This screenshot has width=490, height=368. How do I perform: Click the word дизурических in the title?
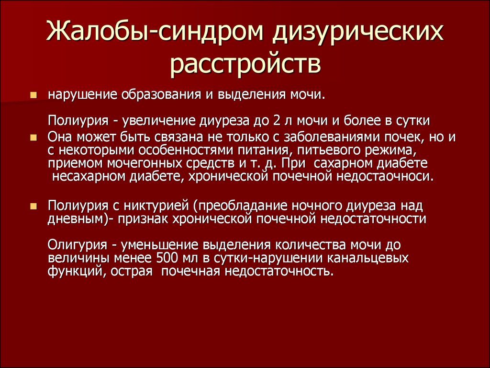point(357,32)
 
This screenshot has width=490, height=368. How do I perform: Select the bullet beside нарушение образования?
point(33,95)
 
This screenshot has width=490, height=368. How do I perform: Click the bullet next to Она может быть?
point(33,138)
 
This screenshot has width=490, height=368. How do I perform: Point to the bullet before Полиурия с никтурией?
point(33,206)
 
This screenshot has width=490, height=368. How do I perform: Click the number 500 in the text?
point(166,258)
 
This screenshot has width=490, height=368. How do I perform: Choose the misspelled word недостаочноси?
point(385,177)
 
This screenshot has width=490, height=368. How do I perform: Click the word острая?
point(131,271)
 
